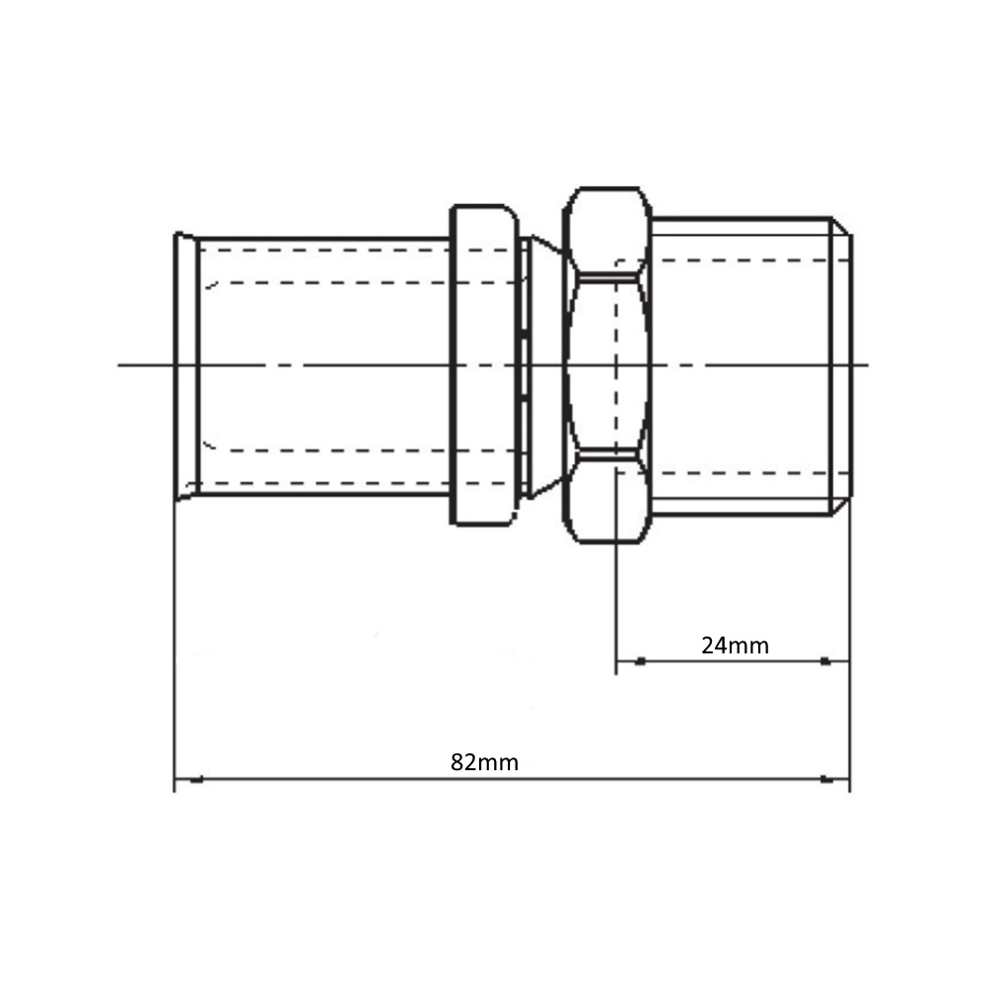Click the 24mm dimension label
pos(735,645)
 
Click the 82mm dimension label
pos(484,762)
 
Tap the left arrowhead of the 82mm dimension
pos(196,780)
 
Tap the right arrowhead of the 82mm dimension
pos(826,779)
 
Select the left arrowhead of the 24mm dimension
pos(641,661)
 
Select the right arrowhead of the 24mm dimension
pos(825,661)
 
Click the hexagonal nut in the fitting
pos(608,365)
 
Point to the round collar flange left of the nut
pos(484,365)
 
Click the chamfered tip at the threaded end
pos(842,365)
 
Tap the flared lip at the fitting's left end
pos(186,366)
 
